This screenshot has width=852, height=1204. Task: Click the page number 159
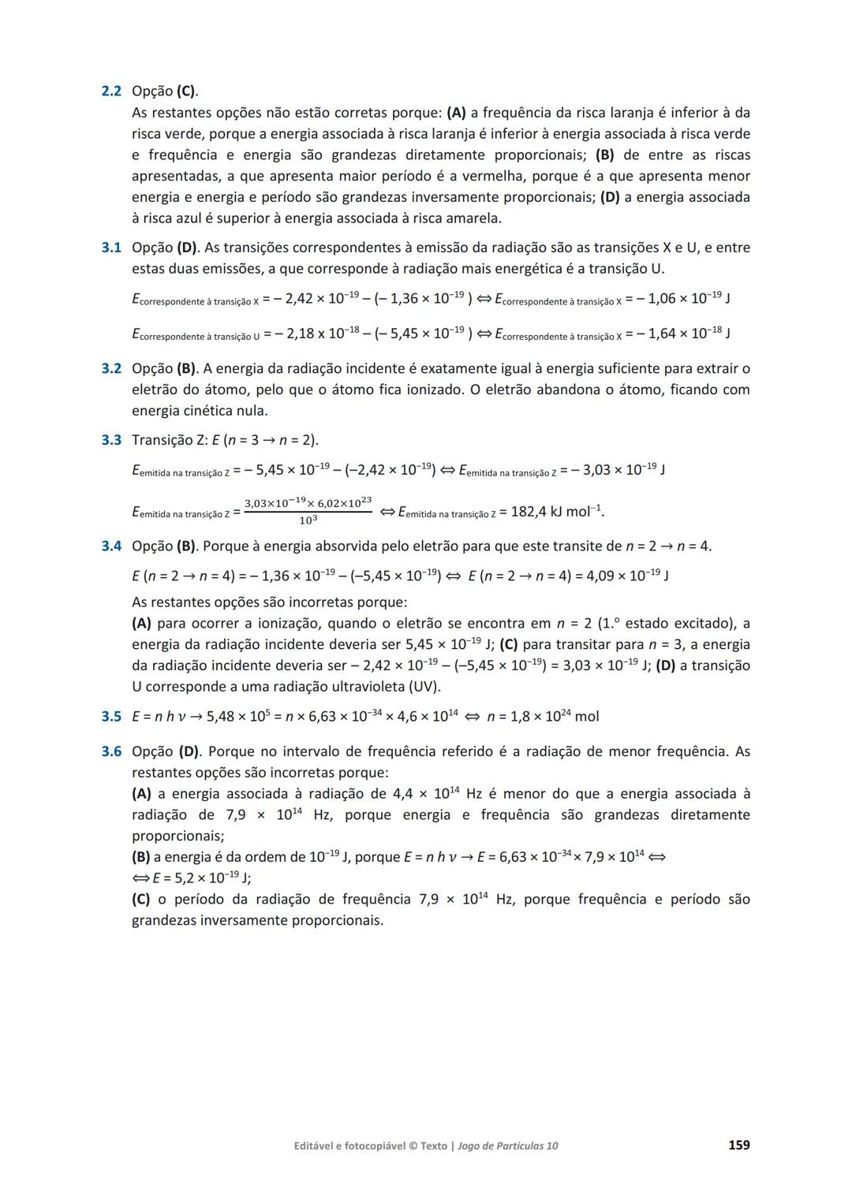click(738, 1145)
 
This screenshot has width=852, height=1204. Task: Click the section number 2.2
click(111, 91)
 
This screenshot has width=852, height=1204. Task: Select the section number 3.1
click(111, 248)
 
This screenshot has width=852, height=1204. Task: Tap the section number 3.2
click(111, 368)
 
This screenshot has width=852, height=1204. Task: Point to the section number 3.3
click(111, 440)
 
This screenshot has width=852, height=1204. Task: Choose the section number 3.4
click(111, 546)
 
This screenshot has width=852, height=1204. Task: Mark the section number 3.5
click(111, 716)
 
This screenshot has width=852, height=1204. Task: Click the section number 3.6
click(111, 751)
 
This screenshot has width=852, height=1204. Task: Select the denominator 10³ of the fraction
click(308, 521)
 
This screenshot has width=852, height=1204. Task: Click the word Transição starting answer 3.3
click(163, 440)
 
